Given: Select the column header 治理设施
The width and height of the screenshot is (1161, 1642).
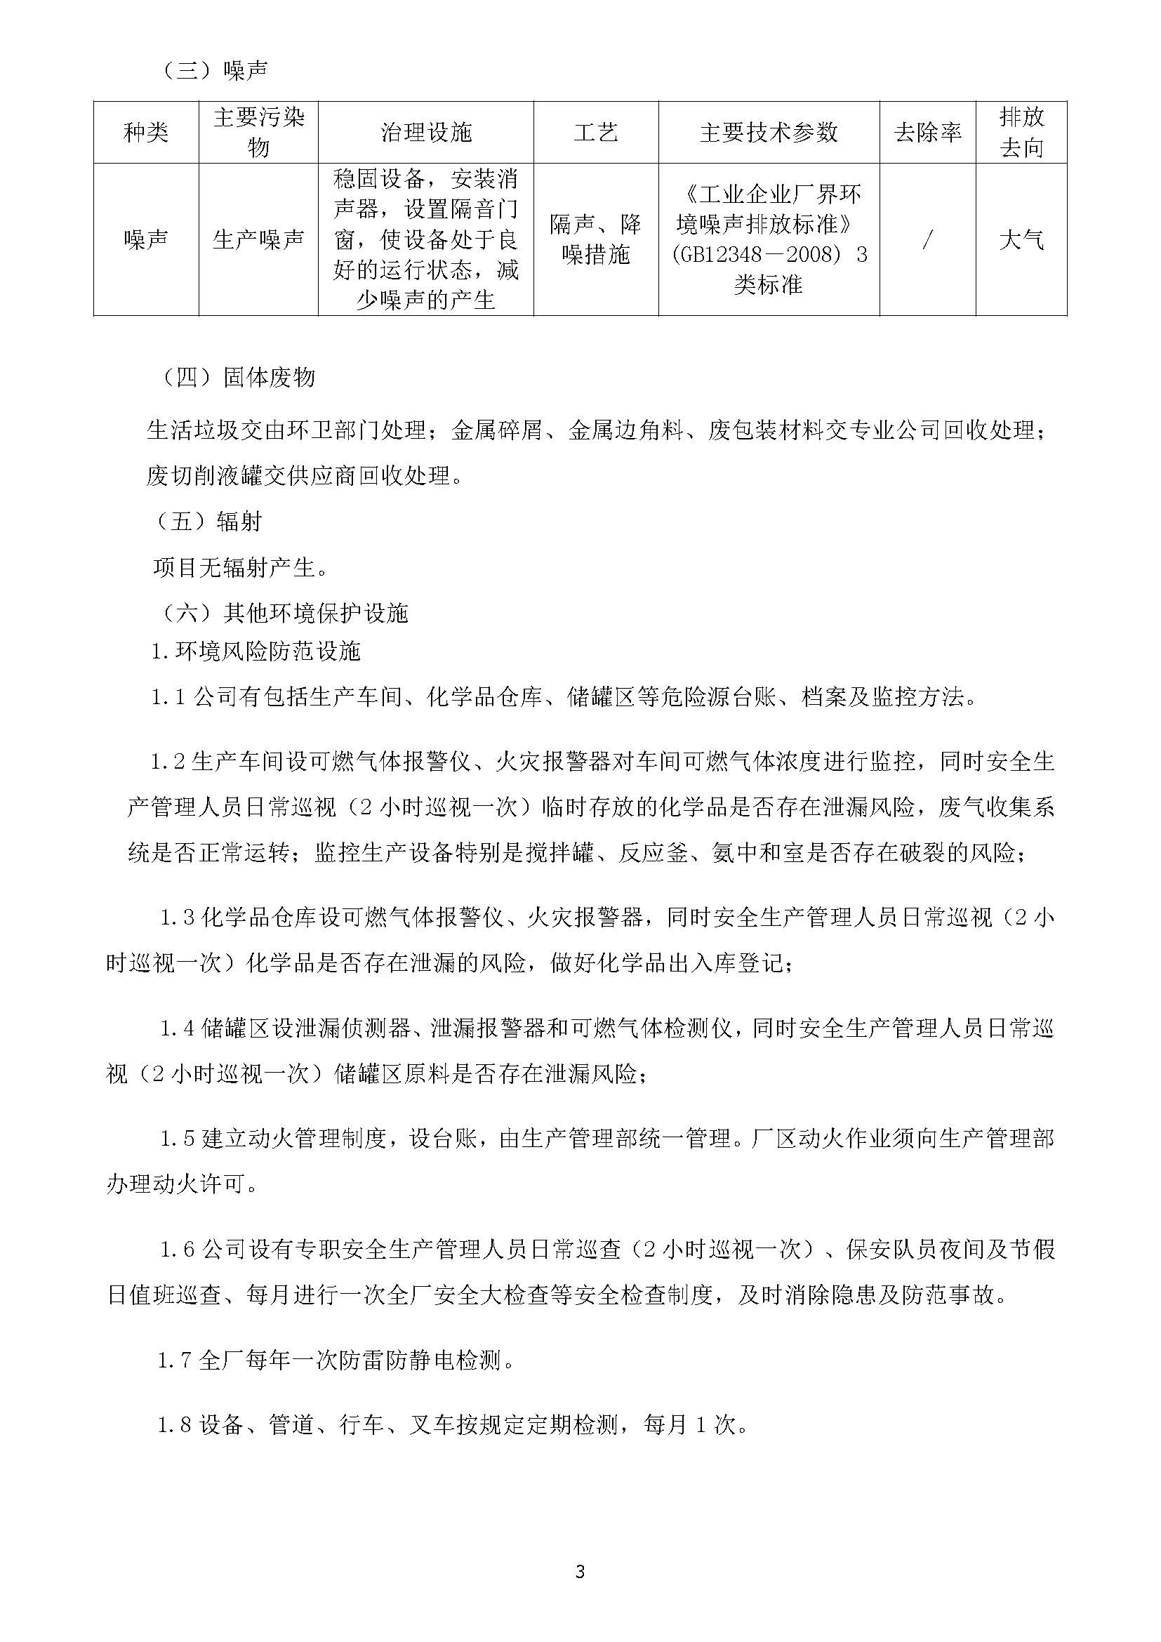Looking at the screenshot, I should pos(425,132).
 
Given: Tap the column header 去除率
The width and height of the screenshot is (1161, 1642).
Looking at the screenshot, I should pos(927,132).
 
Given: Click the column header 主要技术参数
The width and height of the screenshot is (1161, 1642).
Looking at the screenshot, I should pos(769,132).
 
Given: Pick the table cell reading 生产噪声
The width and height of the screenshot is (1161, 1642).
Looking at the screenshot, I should pos(258,239).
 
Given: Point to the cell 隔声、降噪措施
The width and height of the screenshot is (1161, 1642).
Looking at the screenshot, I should pos(595,239).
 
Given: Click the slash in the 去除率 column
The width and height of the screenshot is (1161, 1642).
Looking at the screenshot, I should pos(927,240).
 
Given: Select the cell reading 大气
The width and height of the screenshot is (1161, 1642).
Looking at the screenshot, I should pos(1021,239).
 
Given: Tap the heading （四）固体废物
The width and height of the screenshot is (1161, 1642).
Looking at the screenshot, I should pos(239,378).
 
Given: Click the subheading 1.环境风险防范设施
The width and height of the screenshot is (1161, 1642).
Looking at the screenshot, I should pos(256,651).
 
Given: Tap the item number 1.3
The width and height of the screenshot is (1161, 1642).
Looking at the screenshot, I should pos(178,918).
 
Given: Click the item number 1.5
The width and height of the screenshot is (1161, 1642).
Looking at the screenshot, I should pos(178,1139).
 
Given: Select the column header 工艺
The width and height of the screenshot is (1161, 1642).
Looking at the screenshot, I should pos(595,132).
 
